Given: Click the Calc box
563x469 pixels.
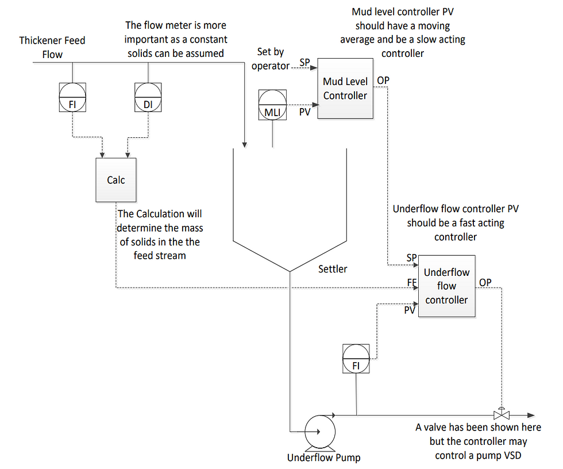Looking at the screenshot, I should [115, 180].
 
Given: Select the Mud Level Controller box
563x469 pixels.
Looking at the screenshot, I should [345, 89].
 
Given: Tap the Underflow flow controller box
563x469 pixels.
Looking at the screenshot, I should [446, 286].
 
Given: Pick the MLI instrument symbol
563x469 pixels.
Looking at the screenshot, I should [272, 104].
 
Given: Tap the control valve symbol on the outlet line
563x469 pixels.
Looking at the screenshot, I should [502, 414].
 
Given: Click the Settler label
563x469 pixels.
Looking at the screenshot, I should [333, 269].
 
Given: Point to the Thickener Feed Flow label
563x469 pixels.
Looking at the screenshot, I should [52, 47].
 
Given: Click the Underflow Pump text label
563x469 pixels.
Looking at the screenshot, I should [323, 458].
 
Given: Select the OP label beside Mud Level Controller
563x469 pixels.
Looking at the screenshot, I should [383, 80].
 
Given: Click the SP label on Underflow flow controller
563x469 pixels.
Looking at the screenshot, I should [411, 257].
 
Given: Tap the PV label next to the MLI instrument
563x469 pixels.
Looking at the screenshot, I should [304, 112].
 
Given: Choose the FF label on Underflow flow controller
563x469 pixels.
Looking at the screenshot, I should [411, 283].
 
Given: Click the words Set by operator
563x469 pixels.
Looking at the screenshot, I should [270, 59].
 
